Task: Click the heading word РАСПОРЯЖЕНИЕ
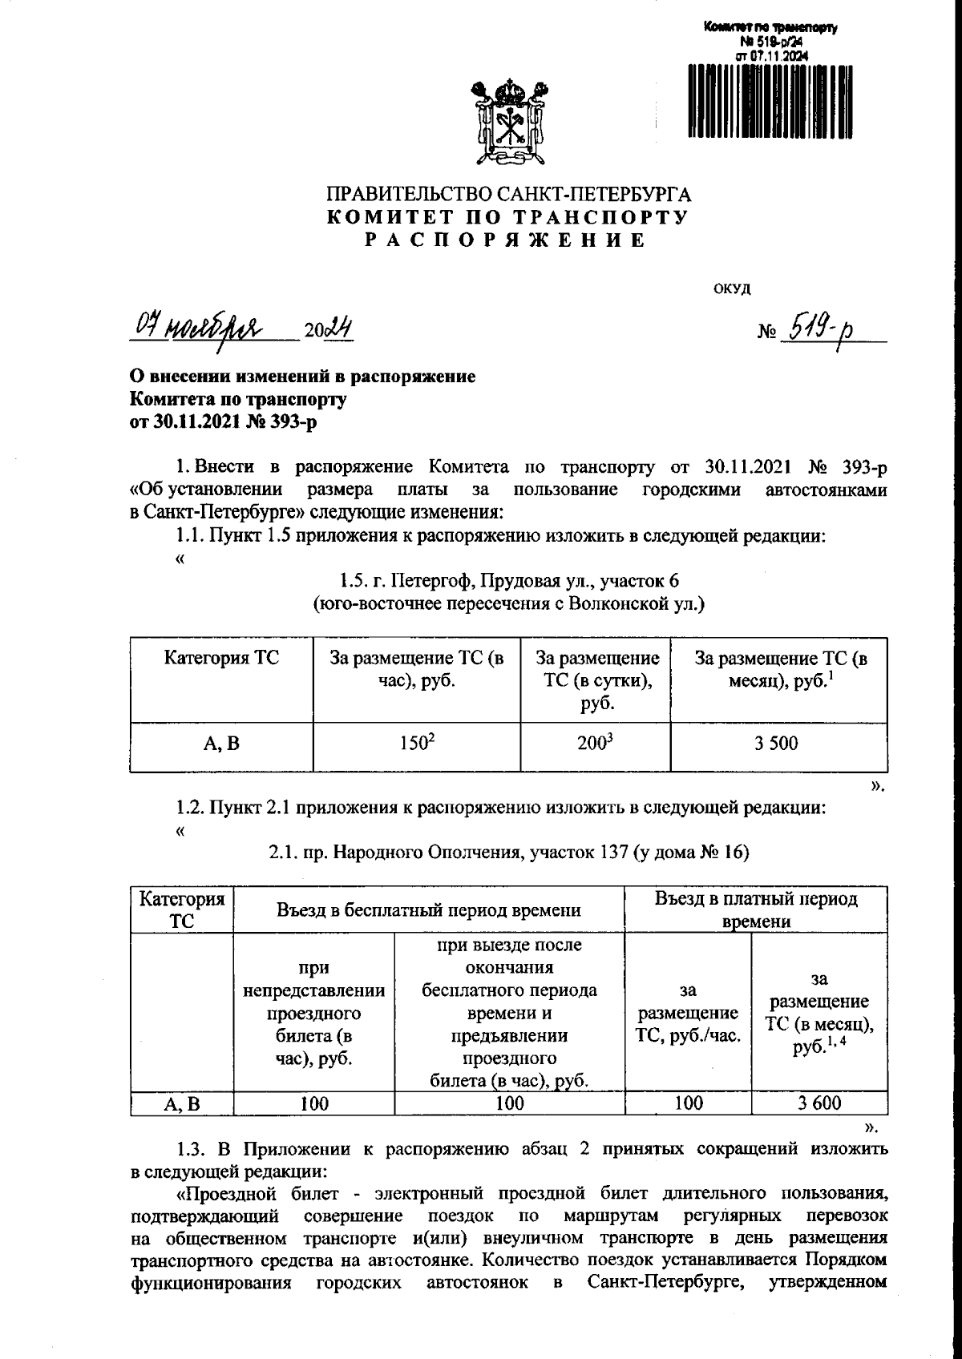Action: click(x=507, y=240)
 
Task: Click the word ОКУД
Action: click(x=731, y=289)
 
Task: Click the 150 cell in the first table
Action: click(x=417, y=744)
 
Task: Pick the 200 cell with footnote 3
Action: click(x=595, y=744)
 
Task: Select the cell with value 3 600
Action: click(x=819, y=1103)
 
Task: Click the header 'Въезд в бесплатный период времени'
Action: click(x=428, y=909)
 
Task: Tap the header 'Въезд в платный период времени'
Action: click(x=756, y=909)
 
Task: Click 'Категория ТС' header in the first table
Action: click(x=221, y=659)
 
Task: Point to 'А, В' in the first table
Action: click(x=221, y=744)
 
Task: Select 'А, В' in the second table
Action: click(x=182, y=1104)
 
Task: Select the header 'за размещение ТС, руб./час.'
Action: click(x=687, y=1014)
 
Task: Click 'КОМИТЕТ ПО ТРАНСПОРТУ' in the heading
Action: click(x=507, y=217)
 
